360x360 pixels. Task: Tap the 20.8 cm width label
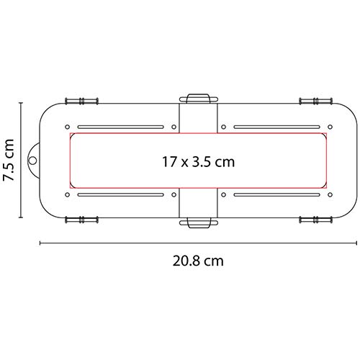(x=197, y=261)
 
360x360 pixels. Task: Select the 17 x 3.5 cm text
(x=198, y=161)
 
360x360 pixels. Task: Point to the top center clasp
(x=198, y=98)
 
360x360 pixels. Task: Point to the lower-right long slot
(x=276, y=194)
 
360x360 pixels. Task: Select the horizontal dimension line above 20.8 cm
(x=198, y=243)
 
